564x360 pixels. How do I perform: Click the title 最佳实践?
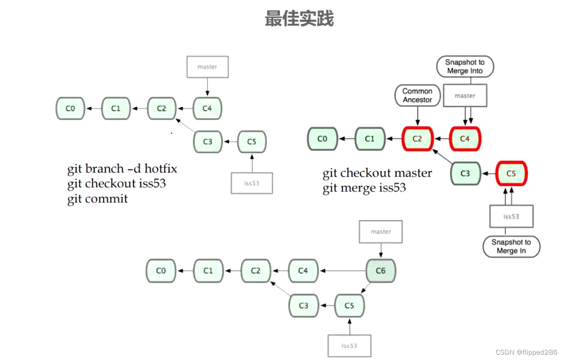point(299,19)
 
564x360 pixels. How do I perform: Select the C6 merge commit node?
point(381,271)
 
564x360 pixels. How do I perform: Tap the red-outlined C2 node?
point(417,139)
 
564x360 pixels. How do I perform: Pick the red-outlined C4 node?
point(465,139)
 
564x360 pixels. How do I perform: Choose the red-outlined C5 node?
point(511,173)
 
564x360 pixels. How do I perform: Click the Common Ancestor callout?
point(417,95)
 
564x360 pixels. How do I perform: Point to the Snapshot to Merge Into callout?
point(464,67)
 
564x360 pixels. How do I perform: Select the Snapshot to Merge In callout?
point(511,247)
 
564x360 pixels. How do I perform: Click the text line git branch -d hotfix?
point(122,169)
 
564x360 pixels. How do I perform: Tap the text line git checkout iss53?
point(117,183)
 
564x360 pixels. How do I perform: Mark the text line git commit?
point(98,199)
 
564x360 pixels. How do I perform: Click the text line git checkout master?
point(377,173)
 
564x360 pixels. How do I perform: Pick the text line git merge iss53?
point(364,188)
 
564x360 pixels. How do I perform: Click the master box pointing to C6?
point(381,232)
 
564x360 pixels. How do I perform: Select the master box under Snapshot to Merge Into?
point(465,95)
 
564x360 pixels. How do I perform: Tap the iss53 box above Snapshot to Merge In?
point(511,216)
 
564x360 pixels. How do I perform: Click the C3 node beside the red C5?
point(465,173)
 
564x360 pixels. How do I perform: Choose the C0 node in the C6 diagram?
point(161,271)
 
